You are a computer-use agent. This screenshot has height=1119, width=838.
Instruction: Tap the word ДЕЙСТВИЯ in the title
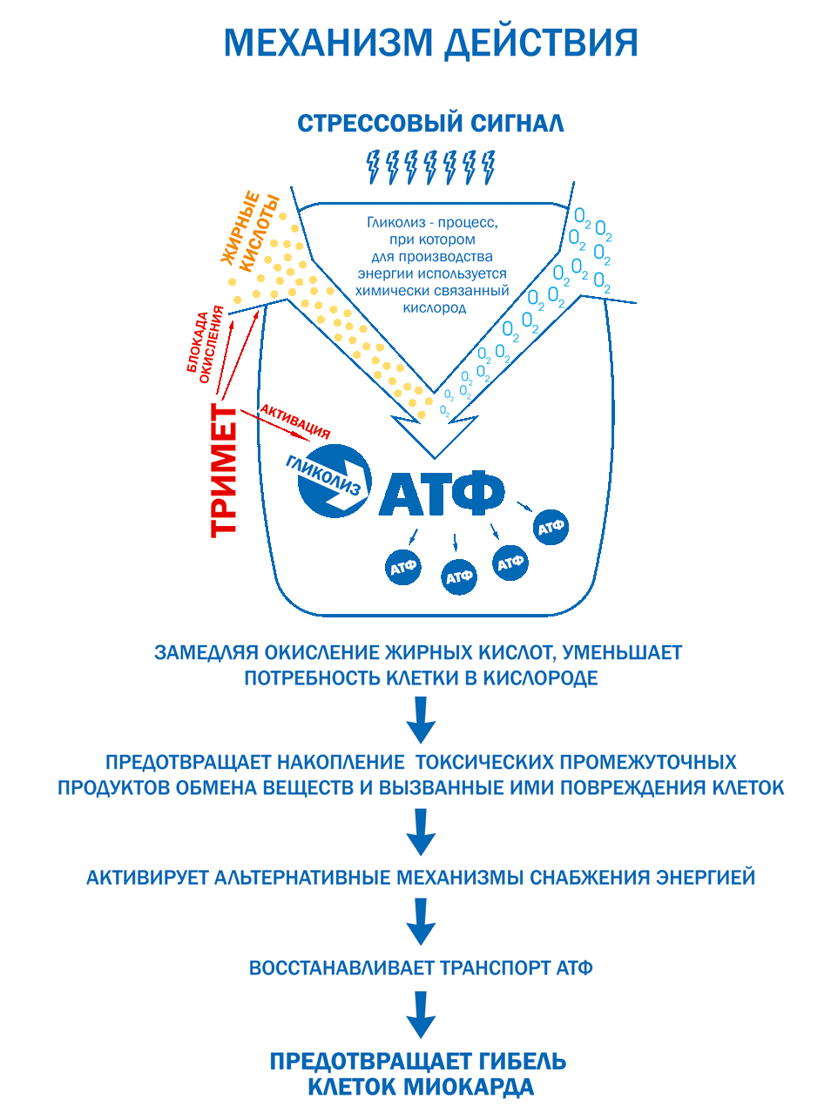point(541,43)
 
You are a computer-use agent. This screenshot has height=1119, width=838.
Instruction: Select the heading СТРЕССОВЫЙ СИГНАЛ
point(430,124)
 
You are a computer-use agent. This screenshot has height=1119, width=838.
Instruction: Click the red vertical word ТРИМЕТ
point(225,470)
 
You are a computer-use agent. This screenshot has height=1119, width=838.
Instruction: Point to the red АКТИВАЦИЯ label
point(295,420)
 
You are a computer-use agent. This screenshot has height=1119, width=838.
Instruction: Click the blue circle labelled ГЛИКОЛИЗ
point(333,480)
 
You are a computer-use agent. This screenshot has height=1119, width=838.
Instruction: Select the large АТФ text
point(442,492)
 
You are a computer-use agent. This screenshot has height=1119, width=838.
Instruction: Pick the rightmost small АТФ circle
point(551,527)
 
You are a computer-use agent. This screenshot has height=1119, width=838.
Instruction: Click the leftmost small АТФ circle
point(403,568)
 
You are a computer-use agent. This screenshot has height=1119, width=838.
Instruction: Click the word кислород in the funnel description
point(435,307)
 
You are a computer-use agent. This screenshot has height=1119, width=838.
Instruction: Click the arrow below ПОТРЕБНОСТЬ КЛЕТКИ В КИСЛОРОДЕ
point(421,719)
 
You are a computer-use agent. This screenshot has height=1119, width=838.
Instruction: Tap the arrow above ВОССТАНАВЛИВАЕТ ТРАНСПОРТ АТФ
point(421,921)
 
